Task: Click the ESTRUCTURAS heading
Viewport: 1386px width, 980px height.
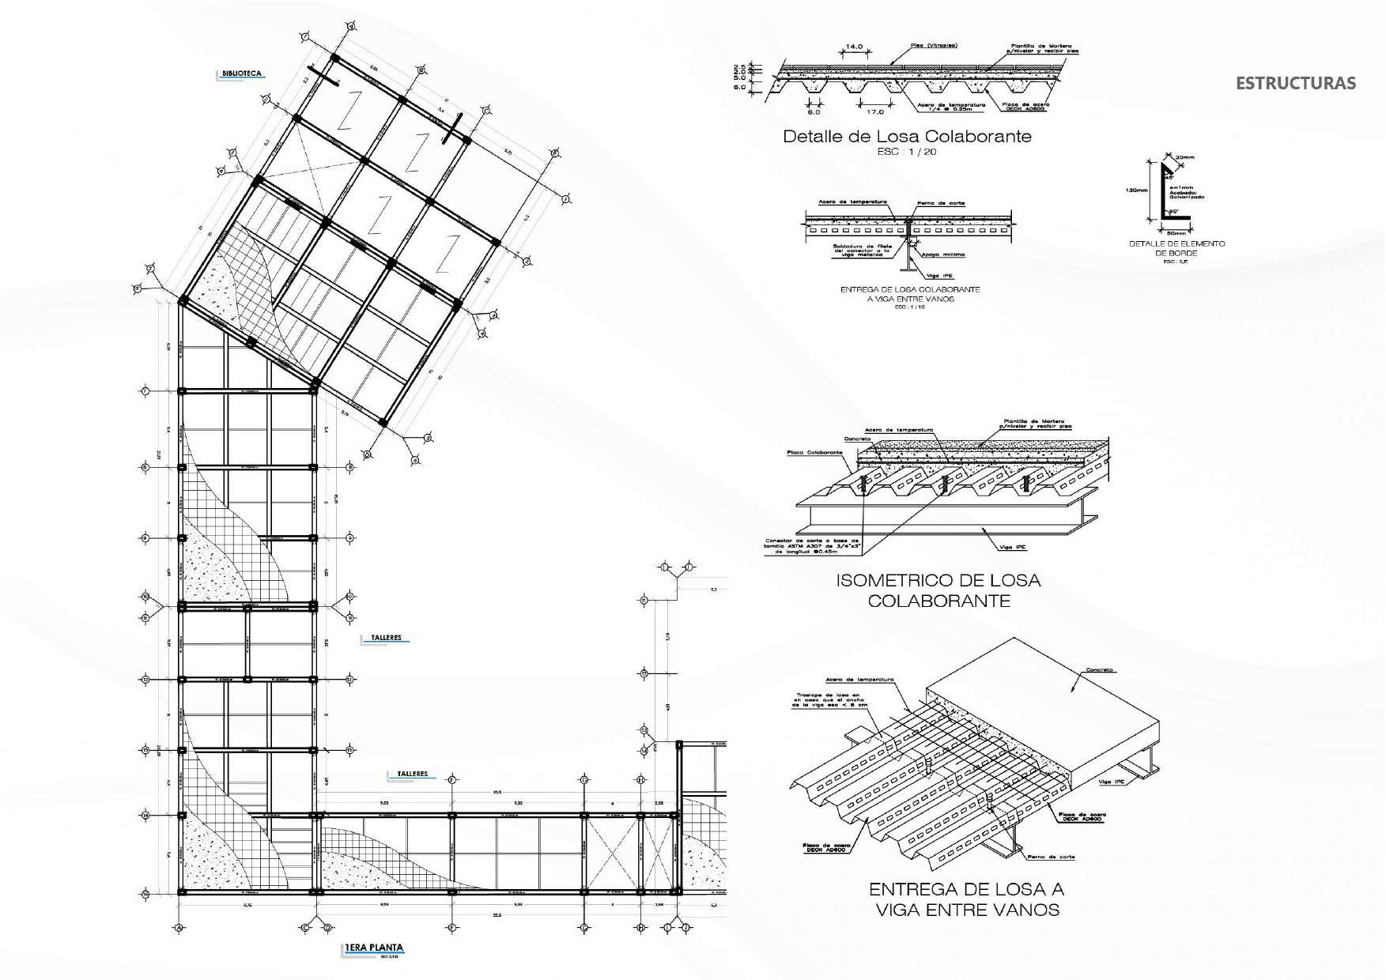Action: click(x=1295, y=83)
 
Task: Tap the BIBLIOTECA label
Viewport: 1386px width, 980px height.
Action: click(x=241, y=73)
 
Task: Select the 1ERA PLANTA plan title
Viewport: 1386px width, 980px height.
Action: click(x=374, y=948)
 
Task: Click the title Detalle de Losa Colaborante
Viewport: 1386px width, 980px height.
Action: click(x=907, y=136)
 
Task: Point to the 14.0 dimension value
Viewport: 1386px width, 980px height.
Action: click(x=854, y=47)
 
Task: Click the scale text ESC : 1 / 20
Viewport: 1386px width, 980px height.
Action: click(x=906, y=152)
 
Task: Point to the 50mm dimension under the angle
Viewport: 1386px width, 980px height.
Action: click(x=1176, y=233)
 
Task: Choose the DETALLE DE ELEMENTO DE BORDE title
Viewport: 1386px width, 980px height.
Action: click(x=1176, y=248)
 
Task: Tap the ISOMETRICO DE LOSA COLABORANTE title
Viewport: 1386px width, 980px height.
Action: click(x=938, y=590)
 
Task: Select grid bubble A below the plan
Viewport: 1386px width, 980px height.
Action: click(x=179, y=927)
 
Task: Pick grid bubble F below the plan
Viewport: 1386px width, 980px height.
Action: click(x=451, y=927)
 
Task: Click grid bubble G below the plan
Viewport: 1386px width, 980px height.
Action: click(x=584, y=927)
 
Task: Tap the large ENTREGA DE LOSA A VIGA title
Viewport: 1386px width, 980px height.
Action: click(x=967, y=899)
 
